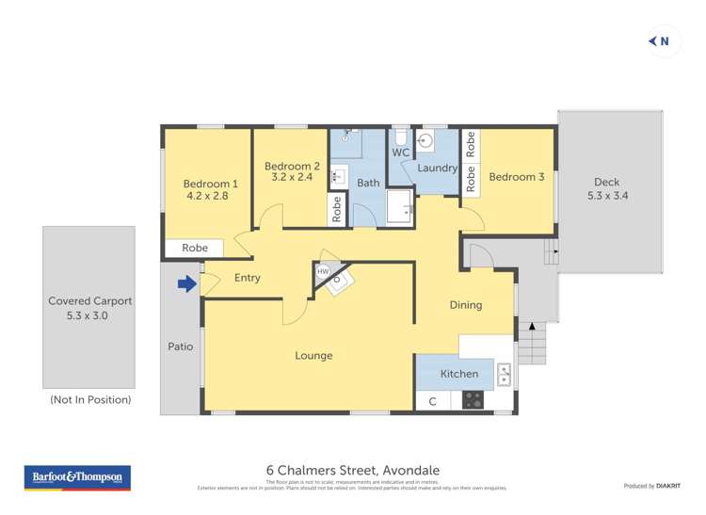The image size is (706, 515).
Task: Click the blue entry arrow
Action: (x=187, y=282)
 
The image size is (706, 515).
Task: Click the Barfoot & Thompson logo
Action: (x=78, y=478)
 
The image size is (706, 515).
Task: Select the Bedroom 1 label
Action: (x=210, y=184)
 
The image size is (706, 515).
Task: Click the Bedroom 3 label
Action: (x=516, y=177)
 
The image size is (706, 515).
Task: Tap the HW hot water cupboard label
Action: (x=323, y=271)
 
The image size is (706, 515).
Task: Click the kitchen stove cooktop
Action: (x=473, y=399)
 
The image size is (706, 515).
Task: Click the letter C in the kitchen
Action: (x=432, y=401)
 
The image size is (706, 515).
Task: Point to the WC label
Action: (x=400, y=153)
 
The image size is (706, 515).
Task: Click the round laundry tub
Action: (x=425, y=141)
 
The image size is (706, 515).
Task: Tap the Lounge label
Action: (x=313, y=356)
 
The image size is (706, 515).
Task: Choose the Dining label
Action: (x=466, y=305)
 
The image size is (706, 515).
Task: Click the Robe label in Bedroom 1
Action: (x=195, y=249)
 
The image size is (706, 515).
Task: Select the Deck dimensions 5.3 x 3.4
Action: (x=607, y=196)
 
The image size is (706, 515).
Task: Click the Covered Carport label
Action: (x=90, y=301)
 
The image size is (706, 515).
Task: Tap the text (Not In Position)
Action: (x=90, y=400)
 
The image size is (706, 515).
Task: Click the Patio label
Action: (x=181, y=346)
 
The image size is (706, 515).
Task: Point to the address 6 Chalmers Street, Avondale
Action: (x=353, y=470)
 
